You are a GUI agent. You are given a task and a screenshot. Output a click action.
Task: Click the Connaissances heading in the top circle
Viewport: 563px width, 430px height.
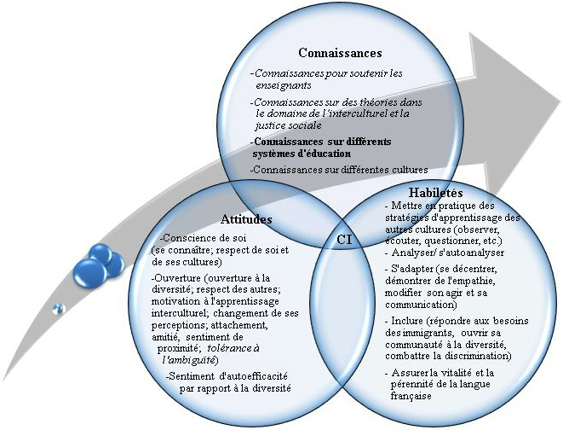point(340,53)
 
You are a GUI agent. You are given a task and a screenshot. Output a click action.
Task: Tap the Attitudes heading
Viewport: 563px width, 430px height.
point(246,219)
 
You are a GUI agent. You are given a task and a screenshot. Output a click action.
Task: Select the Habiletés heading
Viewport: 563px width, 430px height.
point(435,193)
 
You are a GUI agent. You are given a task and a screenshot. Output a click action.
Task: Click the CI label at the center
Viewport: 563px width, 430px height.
point(344,240)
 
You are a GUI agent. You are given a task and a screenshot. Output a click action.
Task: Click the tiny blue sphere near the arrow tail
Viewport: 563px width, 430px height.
point(58,309)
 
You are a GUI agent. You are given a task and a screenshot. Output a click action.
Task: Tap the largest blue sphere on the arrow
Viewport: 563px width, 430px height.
point(89,272)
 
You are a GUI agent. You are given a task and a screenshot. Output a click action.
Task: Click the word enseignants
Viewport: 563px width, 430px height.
point(284,85)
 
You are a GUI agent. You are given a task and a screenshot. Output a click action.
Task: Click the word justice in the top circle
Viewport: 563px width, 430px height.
point(269,125)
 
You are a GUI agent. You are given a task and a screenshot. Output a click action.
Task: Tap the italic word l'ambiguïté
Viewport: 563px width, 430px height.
point(188,360)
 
